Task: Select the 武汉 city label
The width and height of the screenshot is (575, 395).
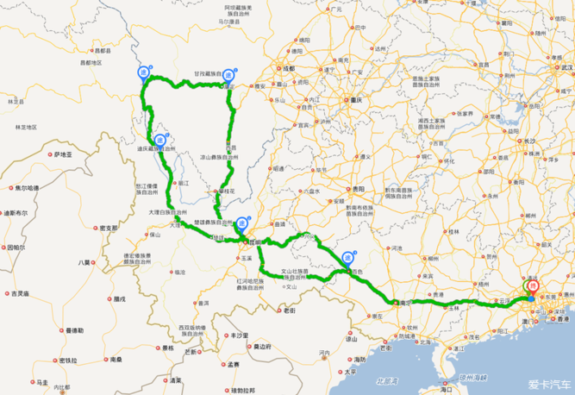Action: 566,66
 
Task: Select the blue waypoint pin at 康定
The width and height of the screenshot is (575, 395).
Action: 229,76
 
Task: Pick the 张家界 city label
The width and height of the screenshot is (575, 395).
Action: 466,112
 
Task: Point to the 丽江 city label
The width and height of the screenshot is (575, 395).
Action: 182,183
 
